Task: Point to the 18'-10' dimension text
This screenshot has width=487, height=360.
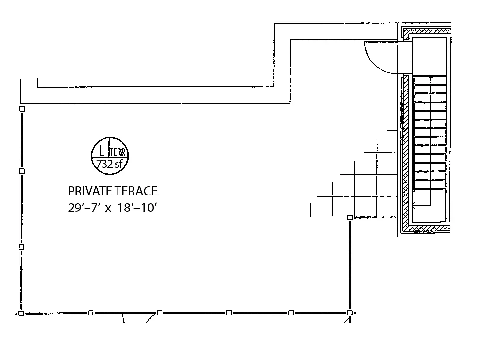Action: point(137,208)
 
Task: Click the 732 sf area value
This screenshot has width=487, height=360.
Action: point(109,164)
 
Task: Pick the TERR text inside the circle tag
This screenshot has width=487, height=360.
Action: point(118,152)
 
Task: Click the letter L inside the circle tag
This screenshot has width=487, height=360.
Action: point(102,152)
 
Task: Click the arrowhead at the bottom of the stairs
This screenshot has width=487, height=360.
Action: point(414,205)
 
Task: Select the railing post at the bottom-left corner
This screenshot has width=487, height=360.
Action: point(21,313)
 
